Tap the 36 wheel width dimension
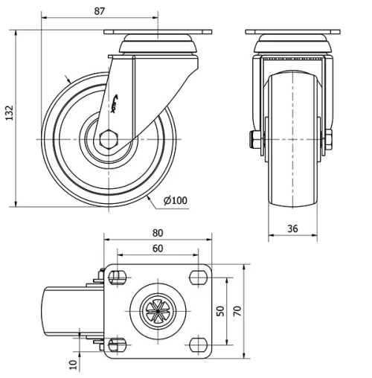[292, 229]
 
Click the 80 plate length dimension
[158, 233]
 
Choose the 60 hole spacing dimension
[158, 249]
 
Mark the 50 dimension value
[220, 310]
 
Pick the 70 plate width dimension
[237, 310]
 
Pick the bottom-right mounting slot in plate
[199, 344]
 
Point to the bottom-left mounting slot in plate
[115, 344]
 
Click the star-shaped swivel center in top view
[157, 310]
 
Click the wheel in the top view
[63, 311]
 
